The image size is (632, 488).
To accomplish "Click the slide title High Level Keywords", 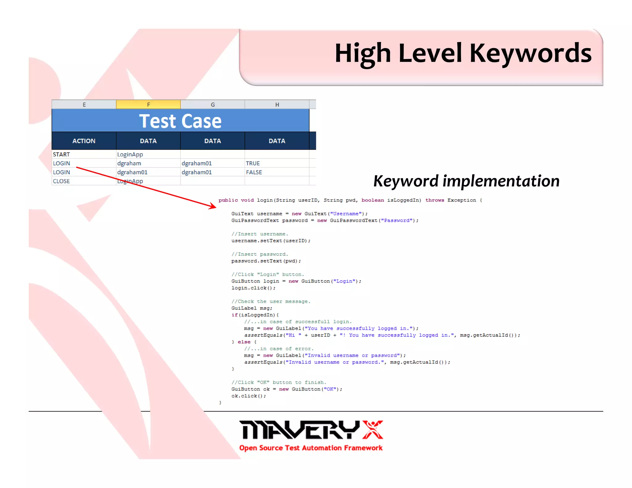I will (x=463, y=53).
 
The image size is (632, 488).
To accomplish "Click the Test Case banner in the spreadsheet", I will (x=180, y=121).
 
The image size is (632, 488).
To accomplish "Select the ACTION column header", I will (x=84, y=141).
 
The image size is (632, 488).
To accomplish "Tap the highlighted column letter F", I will (x=148, y=105).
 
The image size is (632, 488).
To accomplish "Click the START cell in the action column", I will (x=61, y=154).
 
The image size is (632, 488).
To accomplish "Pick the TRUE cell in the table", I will (x=253, y=163).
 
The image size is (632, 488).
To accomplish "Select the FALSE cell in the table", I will (x=254, y=172).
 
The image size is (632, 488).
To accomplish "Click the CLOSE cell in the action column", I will (x=61, y=181).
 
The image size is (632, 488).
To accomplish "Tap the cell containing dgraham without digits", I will (x=129, y=163).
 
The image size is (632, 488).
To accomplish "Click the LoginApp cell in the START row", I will (x=130, y=154).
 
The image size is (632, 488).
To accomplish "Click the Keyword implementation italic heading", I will (x=466, y=181).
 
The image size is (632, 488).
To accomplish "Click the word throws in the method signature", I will (x=434, y=200).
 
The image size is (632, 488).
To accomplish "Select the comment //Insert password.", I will (x=260, y=254).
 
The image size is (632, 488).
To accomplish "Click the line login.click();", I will (x=253, y=288).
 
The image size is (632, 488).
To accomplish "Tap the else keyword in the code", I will (x=244, y=342).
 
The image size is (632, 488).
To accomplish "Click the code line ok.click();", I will (x=248, y=396).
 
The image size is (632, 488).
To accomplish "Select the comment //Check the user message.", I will (x=271, y=301).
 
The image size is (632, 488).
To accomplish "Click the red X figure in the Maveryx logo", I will (x=373, y=429).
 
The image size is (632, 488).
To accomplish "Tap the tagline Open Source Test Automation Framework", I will (x=311, y=448).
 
